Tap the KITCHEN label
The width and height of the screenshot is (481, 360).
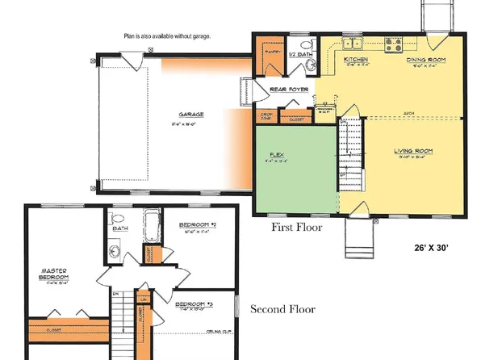point(356,60)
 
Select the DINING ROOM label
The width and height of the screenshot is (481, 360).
point(422,60)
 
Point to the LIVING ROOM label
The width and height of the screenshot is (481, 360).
point(413,151)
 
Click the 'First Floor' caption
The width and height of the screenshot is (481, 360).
point(296,228)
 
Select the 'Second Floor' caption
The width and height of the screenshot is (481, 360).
point(282,309)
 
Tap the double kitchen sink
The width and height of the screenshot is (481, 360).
point(353,43)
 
